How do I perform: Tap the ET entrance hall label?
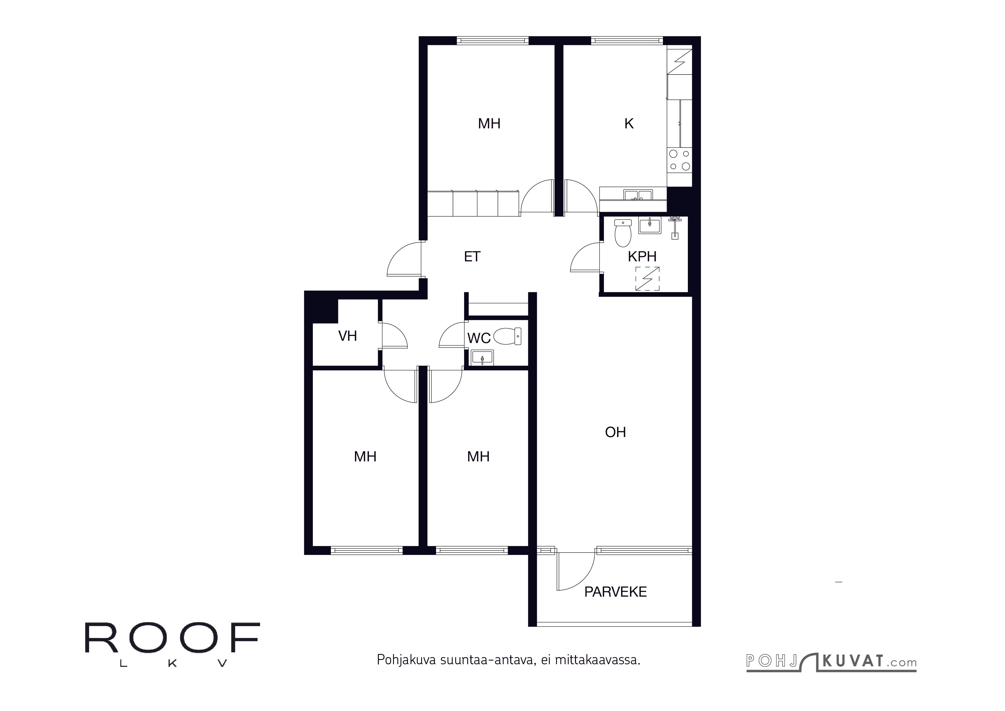[472, 256]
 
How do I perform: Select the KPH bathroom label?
[642, 256]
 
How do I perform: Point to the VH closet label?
[348, 336]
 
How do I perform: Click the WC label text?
[478, 338]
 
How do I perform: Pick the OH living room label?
[615, 432]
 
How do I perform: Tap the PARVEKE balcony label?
[615, 592]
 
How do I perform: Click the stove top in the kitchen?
[679, 160]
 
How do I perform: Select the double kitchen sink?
[638, 195]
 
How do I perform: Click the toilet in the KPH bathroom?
[623, 233]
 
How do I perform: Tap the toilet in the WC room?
[508, 336]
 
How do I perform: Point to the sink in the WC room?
[482, 358]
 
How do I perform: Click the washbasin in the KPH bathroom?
[649, 226]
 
